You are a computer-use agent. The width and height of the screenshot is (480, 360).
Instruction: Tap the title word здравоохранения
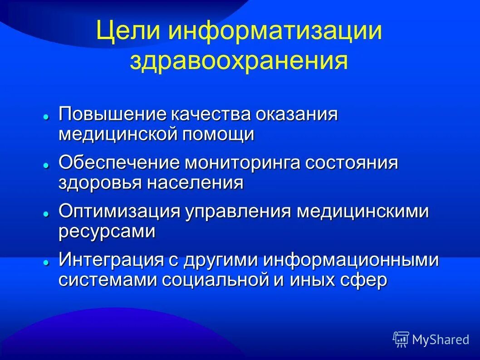(x=239, y=62)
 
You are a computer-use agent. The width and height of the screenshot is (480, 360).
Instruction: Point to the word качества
(x=211, y=114)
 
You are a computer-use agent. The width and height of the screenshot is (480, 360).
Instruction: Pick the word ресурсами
(x=107, y=232)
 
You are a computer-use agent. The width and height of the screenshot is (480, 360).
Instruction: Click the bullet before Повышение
(x=46, y=117)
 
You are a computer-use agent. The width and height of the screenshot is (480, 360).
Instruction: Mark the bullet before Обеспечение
(x=46, y=166)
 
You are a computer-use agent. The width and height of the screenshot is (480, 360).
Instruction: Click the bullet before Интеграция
(x=46, y=263)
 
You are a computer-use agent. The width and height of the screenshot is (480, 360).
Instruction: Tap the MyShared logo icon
(x=401, y=339)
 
